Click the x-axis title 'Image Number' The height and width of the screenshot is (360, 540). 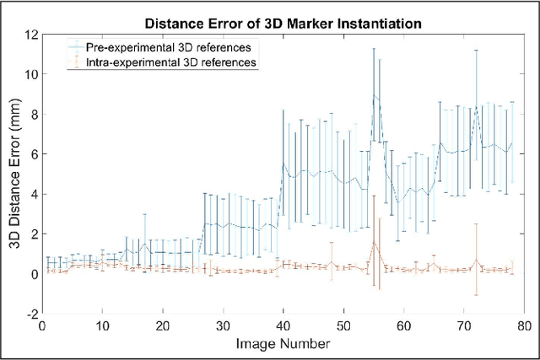pos(283,344)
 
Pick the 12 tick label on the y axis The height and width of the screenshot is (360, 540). pos(31,35)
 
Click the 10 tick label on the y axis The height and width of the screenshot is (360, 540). pos(31,74)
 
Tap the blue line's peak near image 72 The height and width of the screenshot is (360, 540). pos(477,106)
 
